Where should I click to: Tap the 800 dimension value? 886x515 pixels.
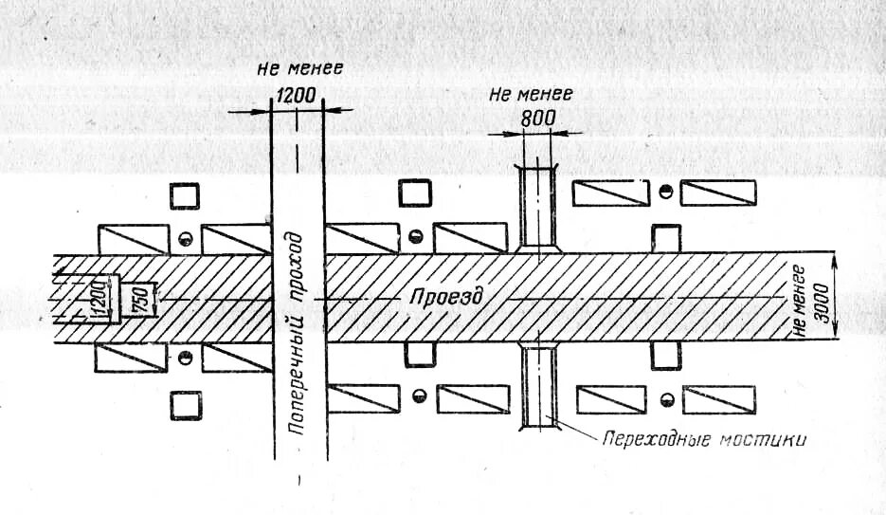click(x=537, y=119)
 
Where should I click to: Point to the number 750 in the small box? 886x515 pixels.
click(x=136, y=300)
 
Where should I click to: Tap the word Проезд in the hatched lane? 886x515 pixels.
click(x=446, y=297)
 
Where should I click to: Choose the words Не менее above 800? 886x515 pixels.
click(x=531, y=95)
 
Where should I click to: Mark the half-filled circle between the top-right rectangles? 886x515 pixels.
click(x=666, y=192)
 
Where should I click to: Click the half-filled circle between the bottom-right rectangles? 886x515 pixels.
click(x=668, y=398)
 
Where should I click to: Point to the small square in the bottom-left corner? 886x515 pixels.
click(x=186, y=405)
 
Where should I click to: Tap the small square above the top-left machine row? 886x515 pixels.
click(x=185, y=195)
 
